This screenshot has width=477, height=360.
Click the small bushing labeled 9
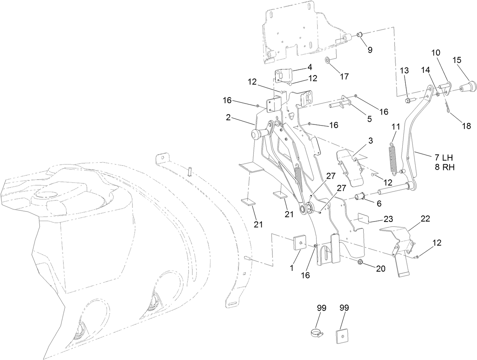click(x=359, y=35)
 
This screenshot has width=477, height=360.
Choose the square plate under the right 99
click(x=342, y=336)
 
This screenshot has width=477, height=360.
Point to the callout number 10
click(x=435, y=53)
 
